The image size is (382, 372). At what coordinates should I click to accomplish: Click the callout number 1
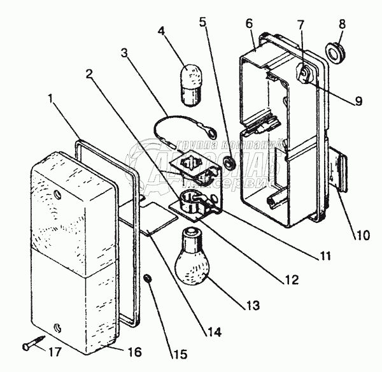50,99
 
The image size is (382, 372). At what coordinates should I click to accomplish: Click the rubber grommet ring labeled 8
334,51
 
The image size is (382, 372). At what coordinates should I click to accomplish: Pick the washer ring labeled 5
230,164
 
